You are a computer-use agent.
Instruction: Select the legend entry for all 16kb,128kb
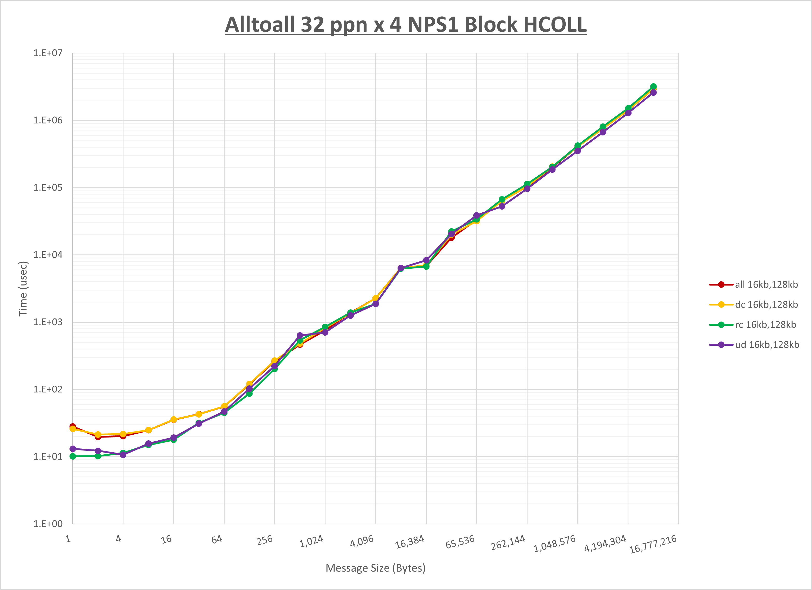(x=766, y=284)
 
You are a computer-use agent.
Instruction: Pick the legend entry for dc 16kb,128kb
(x=766, y=305)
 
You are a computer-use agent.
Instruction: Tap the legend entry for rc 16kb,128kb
(x=766, y=325)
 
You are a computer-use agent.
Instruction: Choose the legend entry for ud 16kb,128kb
(x=767, y=345)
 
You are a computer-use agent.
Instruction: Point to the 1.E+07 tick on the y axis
(x=48, y=53)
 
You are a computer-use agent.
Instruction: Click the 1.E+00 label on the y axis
(x=48, y=524)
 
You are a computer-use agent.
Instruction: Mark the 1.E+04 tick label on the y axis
(x=48, y=255)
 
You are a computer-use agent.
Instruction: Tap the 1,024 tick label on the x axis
(x=311, y=542)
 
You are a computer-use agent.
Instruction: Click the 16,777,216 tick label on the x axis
(x=653, y=544)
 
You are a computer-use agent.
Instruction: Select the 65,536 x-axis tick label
(x=460, y=542)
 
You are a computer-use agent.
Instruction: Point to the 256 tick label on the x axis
(x=265, y=540)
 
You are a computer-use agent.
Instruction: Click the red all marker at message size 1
(x=73, y=426)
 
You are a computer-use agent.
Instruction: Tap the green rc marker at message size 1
(x=73, y=456)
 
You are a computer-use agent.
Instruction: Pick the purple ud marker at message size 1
(x=73, y=449)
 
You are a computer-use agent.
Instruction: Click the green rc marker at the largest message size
(x=653, y=87)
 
